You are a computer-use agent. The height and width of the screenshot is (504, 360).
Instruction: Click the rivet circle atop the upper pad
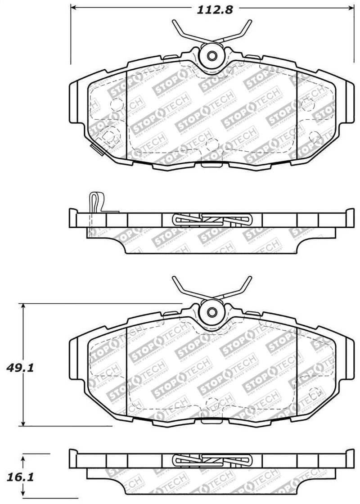tap(211, 56)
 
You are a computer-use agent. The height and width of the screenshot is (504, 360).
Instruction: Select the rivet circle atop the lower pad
tap(211, 311)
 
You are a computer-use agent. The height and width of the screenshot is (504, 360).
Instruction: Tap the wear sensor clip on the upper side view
tap(96, 202)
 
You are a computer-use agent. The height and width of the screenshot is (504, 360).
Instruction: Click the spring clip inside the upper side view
tap(211, 219)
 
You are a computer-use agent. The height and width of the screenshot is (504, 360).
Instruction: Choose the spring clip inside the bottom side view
tap(211, 459)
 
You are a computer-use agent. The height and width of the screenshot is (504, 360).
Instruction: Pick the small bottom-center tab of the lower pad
tap(211, 421)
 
